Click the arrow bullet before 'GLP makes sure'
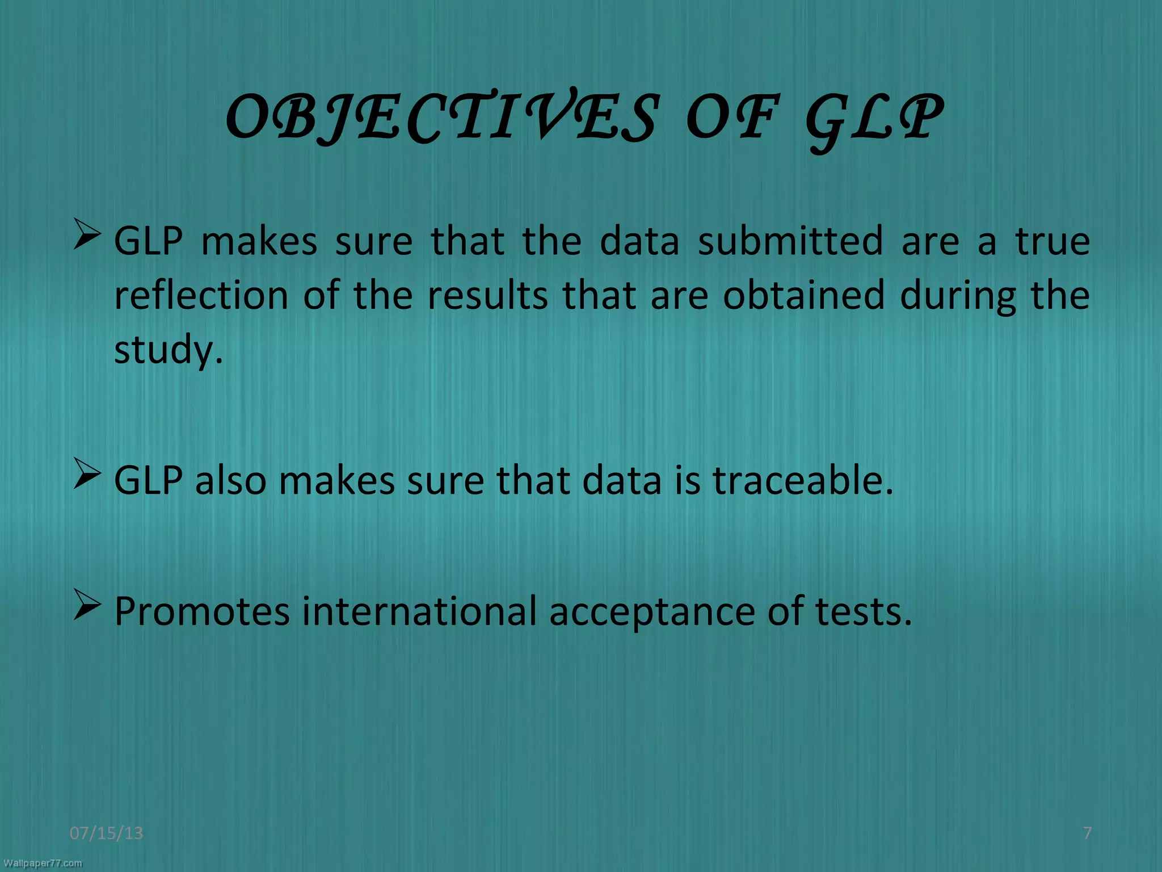pyautogui.click(x=87, y=236)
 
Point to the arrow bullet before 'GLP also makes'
pyautogui.click(x=87, y=475)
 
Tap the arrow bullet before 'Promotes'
pyautogui.click(x=87, y=606)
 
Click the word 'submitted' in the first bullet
pyautogui.click(x=790, y=241)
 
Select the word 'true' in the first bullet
pyautogui.click(x=1052, y=241)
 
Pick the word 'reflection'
pyautogui.click(x=201, y=295)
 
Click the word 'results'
pyautogui.click(x=487, y=295)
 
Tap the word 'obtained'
pyautogui.click(x=803, y=295)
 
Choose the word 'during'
pyautogui.click(x=958, y=296)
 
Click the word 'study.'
pyautogui.click(x=169, y=350)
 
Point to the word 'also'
pyautogui.click(x=230, y=480)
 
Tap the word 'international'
pyautogui.click(x=419, y=611)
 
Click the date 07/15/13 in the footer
pyautogui.click(x=106, y=833)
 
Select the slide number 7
pyautogui.click(x=1087, y=833)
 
